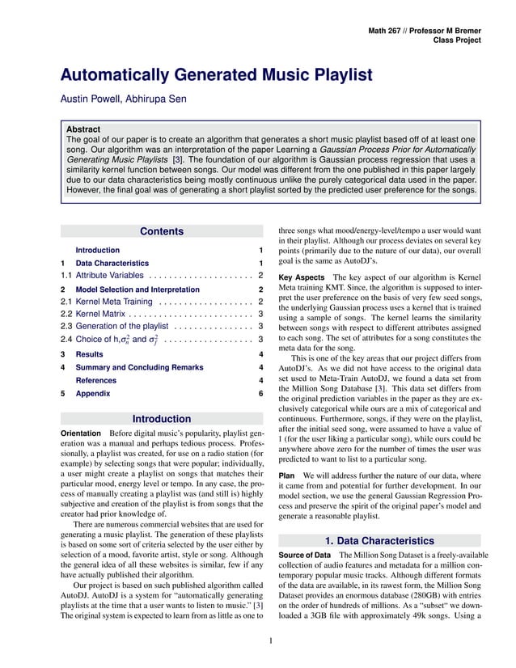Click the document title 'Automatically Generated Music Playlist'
coord(216,75)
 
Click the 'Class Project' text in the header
coord(457,40)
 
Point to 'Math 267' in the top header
coord(387,30)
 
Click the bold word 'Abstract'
coord(83,129)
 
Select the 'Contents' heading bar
coord(162,232)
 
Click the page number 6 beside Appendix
coord(260,393)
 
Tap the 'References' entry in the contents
coord(95,380)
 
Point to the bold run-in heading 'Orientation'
coord(82,434)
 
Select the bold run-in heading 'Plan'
coord(286,476)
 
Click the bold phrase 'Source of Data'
coord(304,555)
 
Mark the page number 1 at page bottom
coord(270,642)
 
